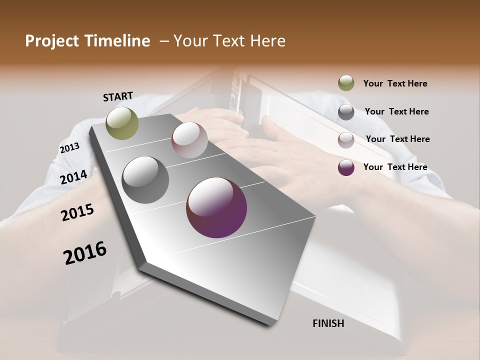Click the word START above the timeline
coord(118,96)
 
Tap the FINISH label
coord(328,323)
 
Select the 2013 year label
coord(69,148)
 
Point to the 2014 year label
coord(74,177)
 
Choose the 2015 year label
coord(77,212)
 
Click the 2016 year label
coord(85,253)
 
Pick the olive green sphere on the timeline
coord(122,123)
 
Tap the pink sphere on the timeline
coord(189,140)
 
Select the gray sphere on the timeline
coord(145,180)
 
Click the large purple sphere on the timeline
coord(216,207)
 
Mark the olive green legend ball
coord(346,83)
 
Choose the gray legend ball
coord(346,111)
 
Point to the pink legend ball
coord(346,140)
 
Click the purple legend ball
coord(346,167)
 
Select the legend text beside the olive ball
coord(395,83)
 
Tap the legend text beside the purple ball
coord(395,167)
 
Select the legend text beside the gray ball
coord(396,111)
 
